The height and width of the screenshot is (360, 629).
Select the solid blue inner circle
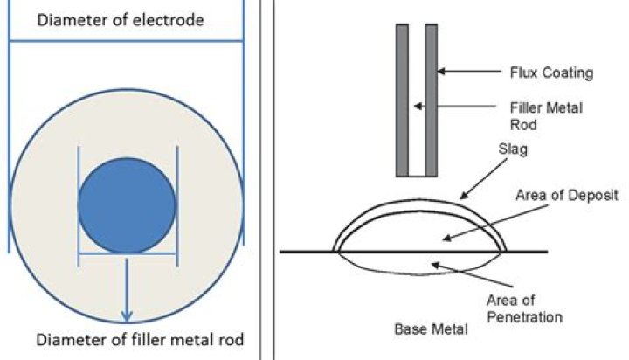point(128,206)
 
